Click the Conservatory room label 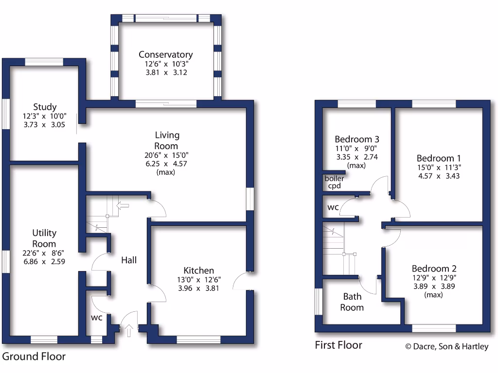pos(165,54)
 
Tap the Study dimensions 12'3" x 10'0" pos(45,116)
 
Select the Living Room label pos(166,140)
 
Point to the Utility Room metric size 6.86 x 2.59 pos(44,261)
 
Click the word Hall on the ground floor pos(129,260)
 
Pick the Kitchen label pos(198,271)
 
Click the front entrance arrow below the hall pos(129,332)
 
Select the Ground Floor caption pos(34,356)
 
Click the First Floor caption pos(338,345)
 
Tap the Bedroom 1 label pos(439,158)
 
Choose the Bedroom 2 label pos(434,269)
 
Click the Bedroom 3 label pos(357,139)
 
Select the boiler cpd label pos(334,182)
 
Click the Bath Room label pos(352,302)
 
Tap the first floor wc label pos(333,207)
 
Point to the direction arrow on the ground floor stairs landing pos(124,205)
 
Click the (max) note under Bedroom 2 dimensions pos(433,295)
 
